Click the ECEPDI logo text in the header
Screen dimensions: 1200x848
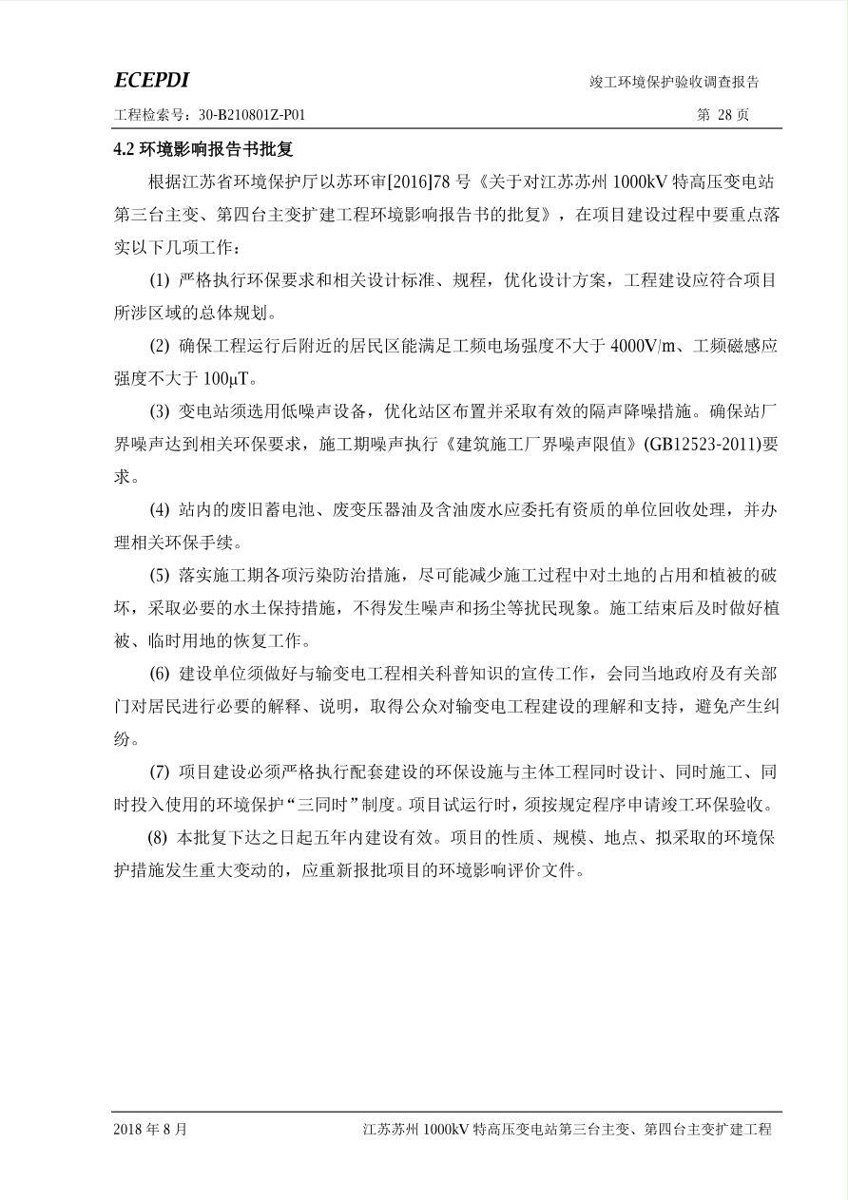pyautogui.click(x=151, y=80)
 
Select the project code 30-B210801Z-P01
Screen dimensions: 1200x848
pyautogui.click(x=252, y=115)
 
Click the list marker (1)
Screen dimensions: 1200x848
pyautogui.click(x=160, y=280)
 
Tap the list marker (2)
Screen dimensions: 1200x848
pyautogui.click(x=160, y=346)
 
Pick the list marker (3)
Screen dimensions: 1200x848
pyautogui.click(x=160, y=411)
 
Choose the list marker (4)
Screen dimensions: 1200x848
pyautogui.click(x=160, y=510)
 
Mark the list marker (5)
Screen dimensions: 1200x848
pyautogui.click(x=160, y=576)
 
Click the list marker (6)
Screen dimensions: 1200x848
pyautogui.click(x=160, y=674)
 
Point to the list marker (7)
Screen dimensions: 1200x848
pyautogui.click(x=160, y=772)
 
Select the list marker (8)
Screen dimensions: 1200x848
pyautogui.click(x=157, y=838)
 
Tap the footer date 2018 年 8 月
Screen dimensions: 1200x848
pyautogui.click(x=150, y=1130)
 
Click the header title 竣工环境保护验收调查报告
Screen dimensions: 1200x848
pyautogui.click(x=674, y=83)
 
